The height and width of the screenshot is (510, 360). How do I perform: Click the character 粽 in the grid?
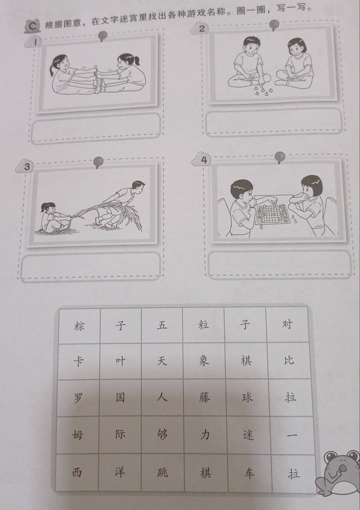(79, 325)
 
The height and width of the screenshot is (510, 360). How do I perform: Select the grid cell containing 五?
(162, 325)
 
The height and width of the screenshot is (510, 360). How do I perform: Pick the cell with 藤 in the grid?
(205, 398)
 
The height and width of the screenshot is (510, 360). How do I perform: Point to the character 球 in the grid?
(247, 398)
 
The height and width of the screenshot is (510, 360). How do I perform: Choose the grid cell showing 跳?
(163, 472)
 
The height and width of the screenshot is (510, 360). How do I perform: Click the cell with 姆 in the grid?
(77, 435)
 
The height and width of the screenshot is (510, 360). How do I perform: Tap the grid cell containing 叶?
(121, 361)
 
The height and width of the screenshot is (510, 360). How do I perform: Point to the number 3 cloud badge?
(25, 167)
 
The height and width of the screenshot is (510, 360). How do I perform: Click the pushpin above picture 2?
(274, 25)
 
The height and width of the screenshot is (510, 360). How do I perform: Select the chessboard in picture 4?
(273, 214)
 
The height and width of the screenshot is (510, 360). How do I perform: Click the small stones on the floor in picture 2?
(263, 90)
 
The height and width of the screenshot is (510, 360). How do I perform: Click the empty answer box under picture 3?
(91, 266)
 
